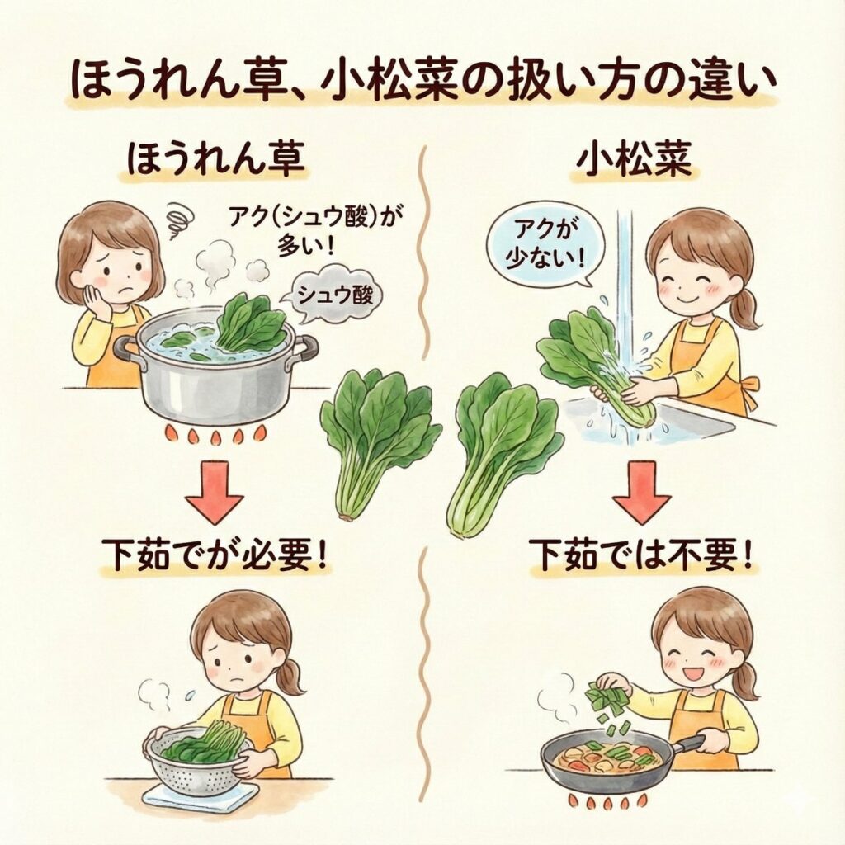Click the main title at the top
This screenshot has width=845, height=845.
click(422, 80)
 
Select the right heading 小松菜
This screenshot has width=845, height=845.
click(634, 160)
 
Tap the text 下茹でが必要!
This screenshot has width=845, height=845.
click(215, 555)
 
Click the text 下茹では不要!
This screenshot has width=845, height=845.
click(642, 555)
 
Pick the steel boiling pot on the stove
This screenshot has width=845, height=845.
click(215, 372)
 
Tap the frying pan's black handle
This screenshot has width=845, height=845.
click(695, 743)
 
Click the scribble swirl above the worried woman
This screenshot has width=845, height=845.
click(178, 221)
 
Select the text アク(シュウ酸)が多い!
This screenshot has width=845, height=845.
click(316, 232)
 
